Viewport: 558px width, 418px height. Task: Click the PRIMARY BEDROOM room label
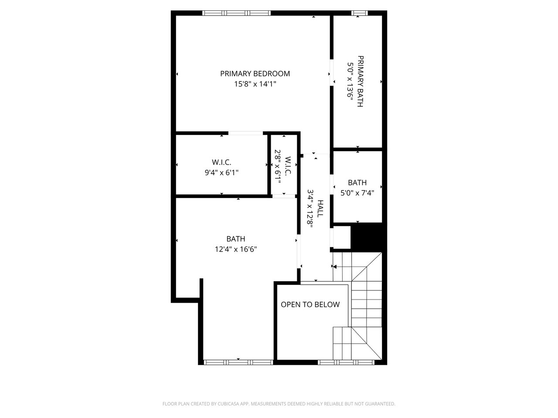255,74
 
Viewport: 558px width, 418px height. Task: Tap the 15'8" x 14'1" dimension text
255,84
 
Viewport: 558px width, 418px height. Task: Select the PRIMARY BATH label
360,81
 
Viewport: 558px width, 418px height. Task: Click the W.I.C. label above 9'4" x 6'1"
221,162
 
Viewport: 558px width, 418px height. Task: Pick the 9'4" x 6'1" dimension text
221,172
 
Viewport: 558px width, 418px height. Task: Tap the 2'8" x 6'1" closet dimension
278,166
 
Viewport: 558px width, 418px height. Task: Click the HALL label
320,209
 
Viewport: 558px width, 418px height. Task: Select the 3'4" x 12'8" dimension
310,209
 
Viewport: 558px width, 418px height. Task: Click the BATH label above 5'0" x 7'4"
357,182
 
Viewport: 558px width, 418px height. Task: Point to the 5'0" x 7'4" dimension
357,193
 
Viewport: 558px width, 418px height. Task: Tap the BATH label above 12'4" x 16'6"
236,239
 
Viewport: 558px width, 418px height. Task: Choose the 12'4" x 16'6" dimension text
236,249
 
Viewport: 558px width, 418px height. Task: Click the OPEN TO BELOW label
310,304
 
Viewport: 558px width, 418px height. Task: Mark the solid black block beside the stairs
366,238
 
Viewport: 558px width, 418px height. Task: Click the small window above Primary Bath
360,13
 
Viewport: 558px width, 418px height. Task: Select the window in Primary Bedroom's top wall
236,13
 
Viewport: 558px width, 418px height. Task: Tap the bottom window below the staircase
346,362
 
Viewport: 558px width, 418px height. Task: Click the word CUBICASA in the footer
228,404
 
